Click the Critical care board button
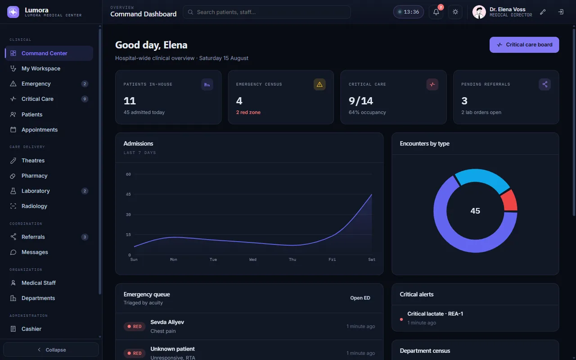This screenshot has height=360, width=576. (524, 45)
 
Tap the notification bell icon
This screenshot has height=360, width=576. (436, 12)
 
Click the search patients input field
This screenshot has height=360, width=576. (267, 12)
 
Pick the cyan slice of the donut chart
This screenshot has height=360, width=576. (482, 179)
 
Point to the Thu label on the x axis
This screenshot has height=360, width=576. (292, 260)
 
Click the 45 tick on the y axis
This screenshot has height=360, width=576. (128, 194)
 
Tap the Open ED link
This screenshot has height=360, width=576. (360, 298)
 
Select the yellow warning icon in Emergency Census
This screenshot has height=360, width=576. (319, 84)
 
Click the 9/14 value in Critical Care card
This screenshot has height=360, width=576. (361, 101)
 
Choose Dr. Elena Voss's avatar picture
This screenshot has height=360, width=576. (479, 12)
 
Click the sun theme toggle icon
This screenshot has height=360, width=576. (455, 12)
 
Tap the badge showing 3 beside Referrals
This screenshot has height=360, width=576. (85, 237)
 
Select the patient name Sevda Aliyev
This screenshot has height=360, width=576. (167, 322)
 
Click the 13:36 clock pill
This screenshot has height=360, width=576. (408, 12)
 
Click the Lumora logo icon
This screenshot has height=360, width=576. (13, 12)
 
